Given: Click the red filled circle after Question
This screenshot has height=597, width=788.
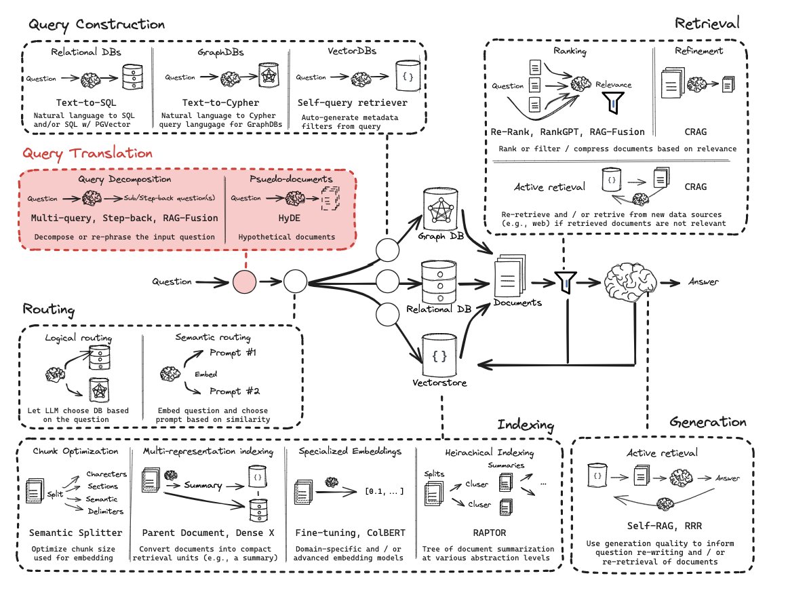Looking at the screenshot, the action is point(245,282).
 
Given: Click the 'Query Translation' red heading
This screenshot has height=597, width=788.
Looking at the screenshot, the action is point(87,154).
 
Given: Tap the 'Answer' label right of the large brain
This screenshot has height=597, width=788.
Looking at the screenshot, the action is point(704,282).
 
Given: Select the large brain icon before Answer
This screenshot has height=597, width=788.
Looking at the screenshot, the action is point(630,282).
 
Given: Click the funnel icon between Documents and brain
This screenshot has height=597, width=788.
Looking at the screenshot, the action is point(566,282).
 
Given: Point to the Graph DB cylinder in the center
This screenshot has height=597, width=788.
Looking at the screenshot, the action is point(441,210).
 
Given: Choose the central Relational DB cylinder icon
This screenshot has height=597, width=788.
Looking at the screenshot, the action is point(439,282).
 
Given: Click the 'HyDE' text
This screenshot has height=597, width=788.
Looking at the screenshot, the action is point(290,218).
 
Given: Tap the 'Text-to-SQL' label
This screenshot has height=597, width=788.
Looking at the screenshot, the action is point(86,102).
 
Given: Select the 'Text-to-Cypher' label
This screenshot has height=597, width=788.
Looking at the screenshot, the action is point(220,102).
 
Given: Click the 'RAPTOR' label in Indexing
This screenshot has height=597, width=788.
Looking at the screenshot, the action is point(490,533).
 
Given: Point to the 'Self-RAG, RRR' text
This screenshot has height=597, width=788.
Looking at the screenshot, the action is point(665,526).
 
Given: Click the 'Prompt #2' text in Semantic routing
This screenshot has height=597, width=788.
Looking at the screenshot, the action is point(235,391).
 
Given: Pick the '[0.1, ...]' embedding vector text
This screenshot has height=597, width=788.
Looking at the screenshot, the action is point(385,491).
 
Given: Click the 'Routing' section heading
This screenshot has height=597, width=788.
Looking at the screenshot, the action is point(49,310).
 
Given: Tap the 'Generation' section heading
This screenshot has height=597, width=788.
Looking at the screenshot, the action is point(708,422).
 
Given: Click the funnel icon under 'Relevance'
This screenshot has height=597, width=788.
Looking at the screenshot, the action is point(613,102).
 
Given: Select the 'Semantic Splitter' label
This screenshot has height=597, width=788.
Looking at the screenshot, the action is point(75,533).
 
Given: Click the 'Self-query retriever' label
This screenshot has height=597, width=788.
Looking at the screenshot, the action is point(352,102).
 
